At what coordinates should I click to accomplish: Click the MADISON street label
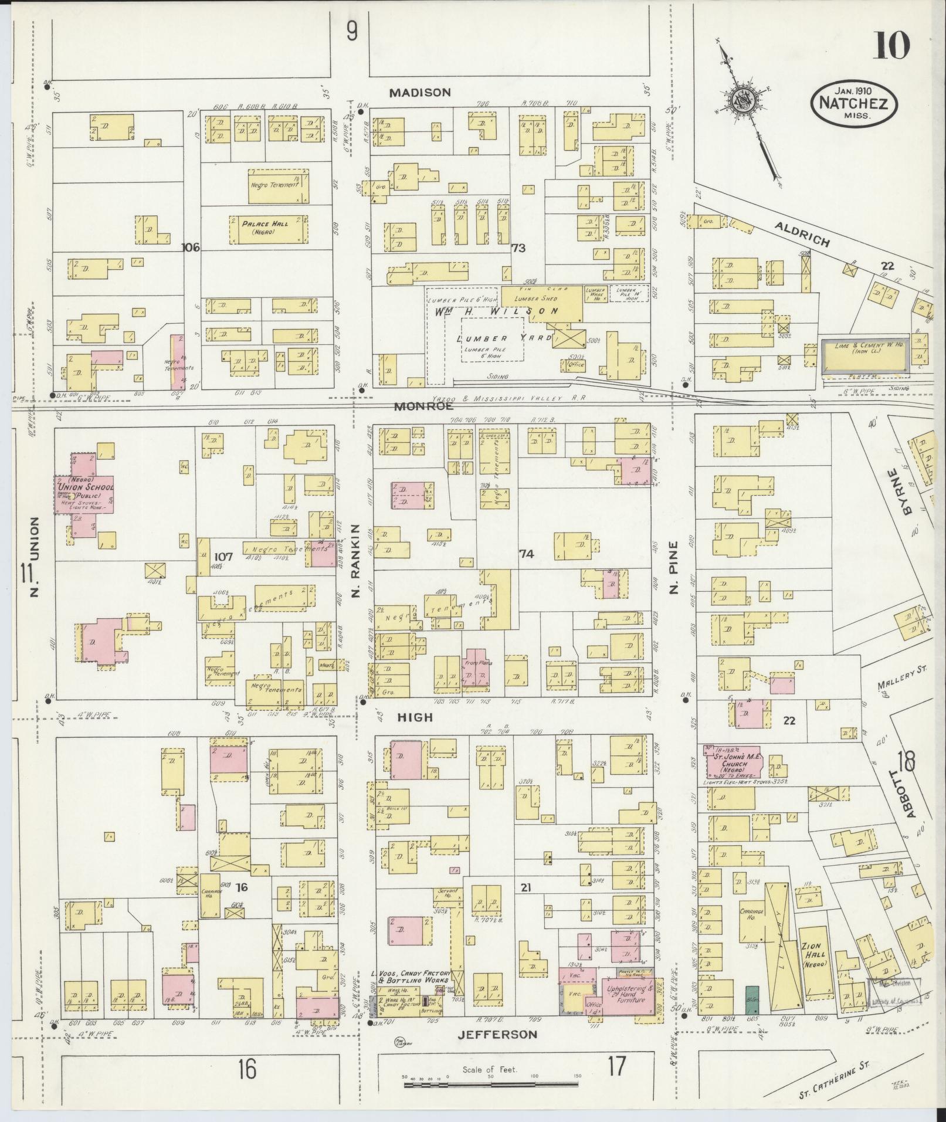click(x=421, y=93)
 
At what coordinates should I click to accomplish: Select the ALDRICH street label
click(x=802, y=235)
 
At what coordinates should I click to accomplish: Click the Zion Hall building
click(x=814, y=958)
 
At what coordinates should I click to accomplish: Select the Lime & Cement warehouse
click(x=864, y=355)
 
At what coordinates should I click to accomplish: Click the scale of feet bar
click(x=490, y=1085)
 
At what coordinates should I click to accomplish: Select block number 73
click(x=518, y=248)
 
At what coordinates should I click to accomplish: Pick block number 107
click(x=224, y=557)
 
